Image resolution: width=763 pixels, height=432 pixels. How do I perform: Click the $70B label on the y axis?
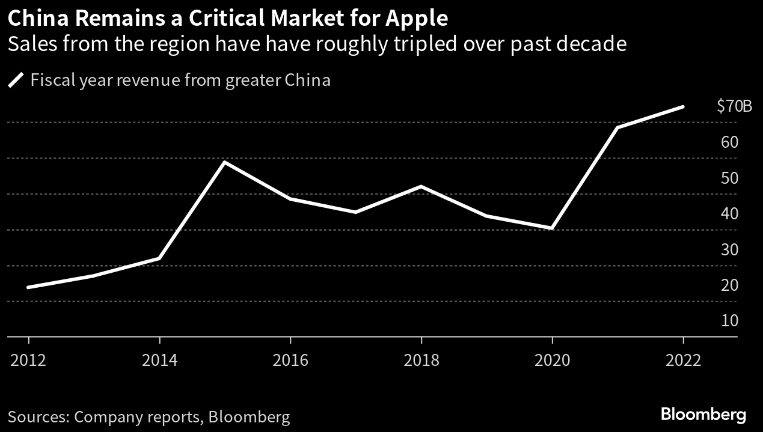[734, 107]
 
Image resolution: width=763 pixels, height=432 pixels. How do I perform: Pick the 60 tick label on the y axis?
[729, 142]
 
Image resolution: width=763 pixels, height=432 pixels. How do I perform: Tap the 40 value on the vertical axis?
[729, 213]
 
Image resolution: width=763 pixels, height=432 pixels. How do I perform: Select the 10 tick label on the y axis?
[729, 320]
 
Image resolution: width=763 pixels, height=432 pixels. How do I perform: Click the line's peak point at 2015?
[224, 162]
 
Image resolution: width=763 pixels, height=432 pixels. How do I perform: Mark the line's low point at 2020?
[552, 228]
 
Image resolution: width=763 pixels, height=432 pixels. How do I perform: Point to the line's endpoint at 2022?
[683, 107]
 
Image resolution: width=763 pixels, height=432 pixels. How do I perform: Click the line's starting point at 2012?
[28, 287]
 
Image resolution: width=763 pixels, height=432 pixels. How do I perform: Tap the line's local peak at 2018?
[421, 186]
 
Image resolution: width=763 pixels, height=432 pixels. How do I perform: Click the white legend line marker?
[16, 81]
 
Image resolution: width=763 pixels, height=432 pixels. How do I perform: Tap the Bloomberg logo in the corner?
[703, 414]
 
